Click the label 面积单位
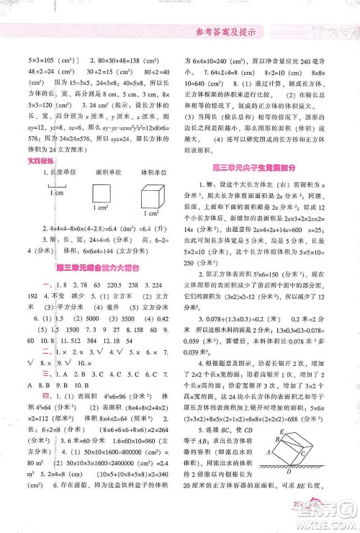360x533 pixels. (100, 173)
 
